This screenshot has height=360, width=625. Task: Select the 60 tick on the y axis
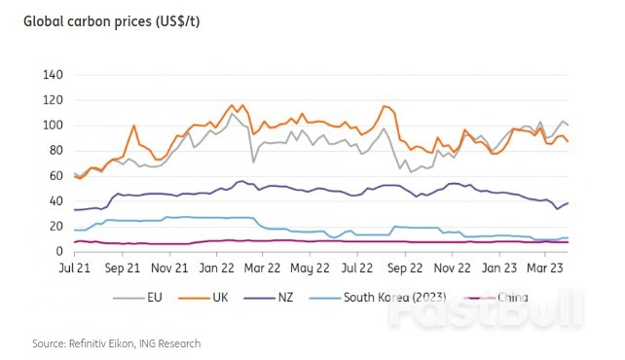point(55,176)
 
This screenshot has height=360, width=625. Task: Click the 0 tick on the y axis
point(58,252)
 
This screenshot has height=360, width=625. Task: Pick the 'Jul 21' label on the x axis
point(75,266)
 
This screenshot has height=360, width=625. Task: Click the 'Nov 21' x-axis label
point(171,266)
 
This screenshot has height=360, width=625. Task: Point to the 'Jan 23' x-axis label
point(499,266)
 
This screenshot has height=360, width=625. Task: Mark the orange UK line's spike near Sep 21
point(133,126)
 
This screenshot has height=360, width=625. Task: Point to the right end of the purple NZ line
point(569,202)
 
